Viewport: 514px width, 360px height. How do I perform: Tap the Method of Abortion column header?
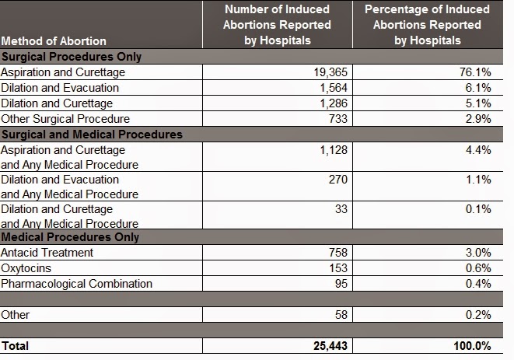click(x=54, y=40)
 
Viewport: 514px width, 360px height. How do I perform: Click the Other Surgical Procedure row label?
click(x=65, y=119)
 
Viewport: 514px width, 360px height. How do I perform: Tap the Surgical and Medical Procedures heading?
click(x=92, y=134)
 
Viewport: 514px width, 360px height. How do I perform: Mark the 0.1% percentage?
click(x=479, y=209)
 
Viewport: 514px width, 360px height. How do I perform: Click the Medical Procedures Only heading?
click(x=70, y=237)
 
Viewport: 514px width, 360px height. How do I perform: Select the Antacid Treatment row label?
click(x=47, y=253)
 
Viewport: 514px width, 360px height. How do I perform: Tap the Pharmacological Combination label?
click(x=76, y=284)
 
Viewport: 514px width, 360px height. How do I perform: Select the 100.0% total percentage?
click(x=473, y=345)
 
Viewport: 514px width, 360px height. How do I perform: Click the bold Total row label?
click(x=15, y=345)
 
